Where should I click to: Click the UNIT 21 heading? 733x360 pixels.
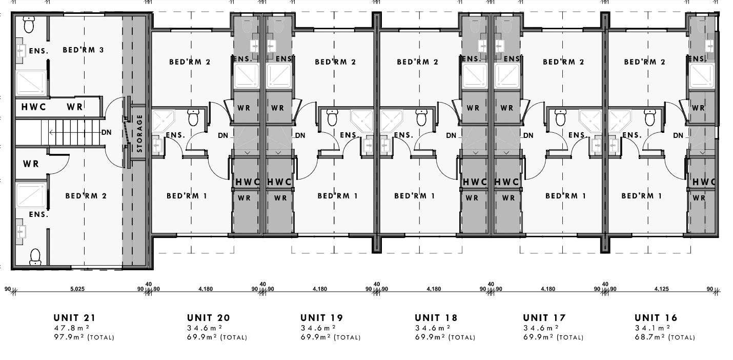(74, 318)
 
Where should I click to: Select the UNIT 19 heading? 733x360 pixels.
(321, 318)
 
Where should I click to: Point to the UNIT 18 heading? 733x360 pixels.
(436, 318)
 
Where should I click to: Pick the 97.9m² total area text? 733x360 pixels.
(84, 337)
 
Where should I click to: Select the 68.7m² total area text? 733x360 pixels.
(664, 337)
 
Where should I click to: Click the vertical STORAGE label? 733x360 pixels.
(139, 133)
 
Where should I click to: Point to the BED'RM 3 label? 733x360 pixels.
(83, 50)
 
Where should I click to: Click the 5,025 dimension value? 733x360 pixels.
(77, 289)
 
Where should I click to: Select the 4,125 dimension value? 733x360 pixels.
(661, 289)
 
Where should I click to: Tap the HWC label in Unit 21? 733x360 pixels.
(34, 107)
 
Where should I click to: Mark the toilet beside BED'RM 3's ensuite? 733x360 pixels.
(29, 25)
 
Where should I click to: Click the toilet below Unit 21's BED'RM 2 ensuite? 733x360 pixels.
(35, 256)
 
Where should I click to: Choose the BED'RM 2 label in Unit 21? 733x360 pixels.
(86, 196)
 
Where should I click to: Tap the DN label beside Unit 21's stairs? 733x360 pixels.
(106, 132)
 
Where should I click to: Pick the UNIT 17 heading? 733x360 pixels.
(544, 318)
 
